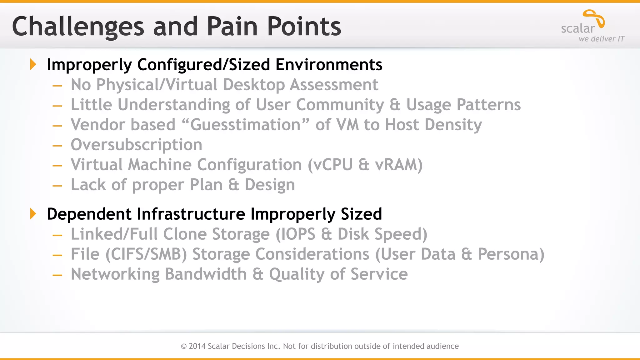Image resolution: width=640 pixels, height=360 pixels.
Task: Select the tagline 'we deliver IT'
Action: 601,39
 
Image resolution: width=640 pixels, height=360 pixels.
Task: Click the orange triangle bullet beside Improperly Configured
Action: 33,64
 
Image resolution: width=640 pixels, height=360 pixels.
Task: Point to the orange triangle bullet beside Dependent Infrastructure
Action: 33,214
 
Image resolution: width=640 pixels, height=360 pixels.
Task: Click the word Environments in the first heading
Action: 329,65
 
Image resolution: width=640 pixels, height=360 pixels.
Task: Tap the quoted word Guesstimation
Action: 245,125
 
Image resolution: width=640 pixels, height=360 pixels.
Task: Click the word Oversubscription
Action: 136,145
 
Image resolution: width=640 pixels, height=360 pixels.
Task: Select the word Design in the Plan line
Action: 270,185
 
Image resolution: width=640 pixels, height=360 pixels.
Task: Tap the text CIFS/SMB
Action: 146,254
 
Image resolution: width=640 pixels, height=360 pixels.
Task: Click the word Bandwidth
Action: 206,274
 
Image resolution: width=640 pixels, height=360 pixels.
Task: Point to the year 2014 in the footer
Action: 197,346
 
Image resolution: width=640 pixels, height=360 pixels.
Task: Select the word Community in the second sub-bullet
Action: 340,105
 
